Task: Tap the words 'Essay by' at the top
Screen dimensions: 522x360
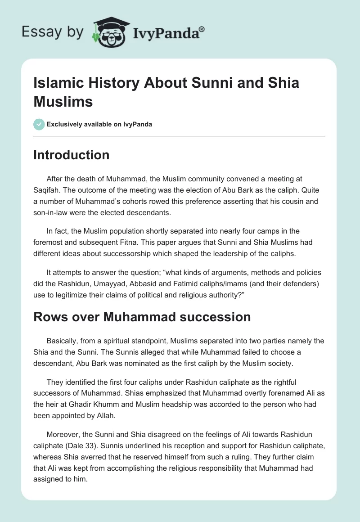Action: tap(52, 32)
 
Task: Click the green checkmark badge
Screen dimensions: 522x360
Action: tap(39, 124)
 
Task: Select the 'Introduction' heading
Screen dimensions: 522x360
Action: tap(72, 155)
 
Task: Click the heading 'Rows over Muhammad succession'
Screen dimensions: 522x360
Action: tap(142, 317)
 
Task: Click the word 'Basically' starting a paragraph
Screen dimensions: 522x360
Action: tap(63, 341)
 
